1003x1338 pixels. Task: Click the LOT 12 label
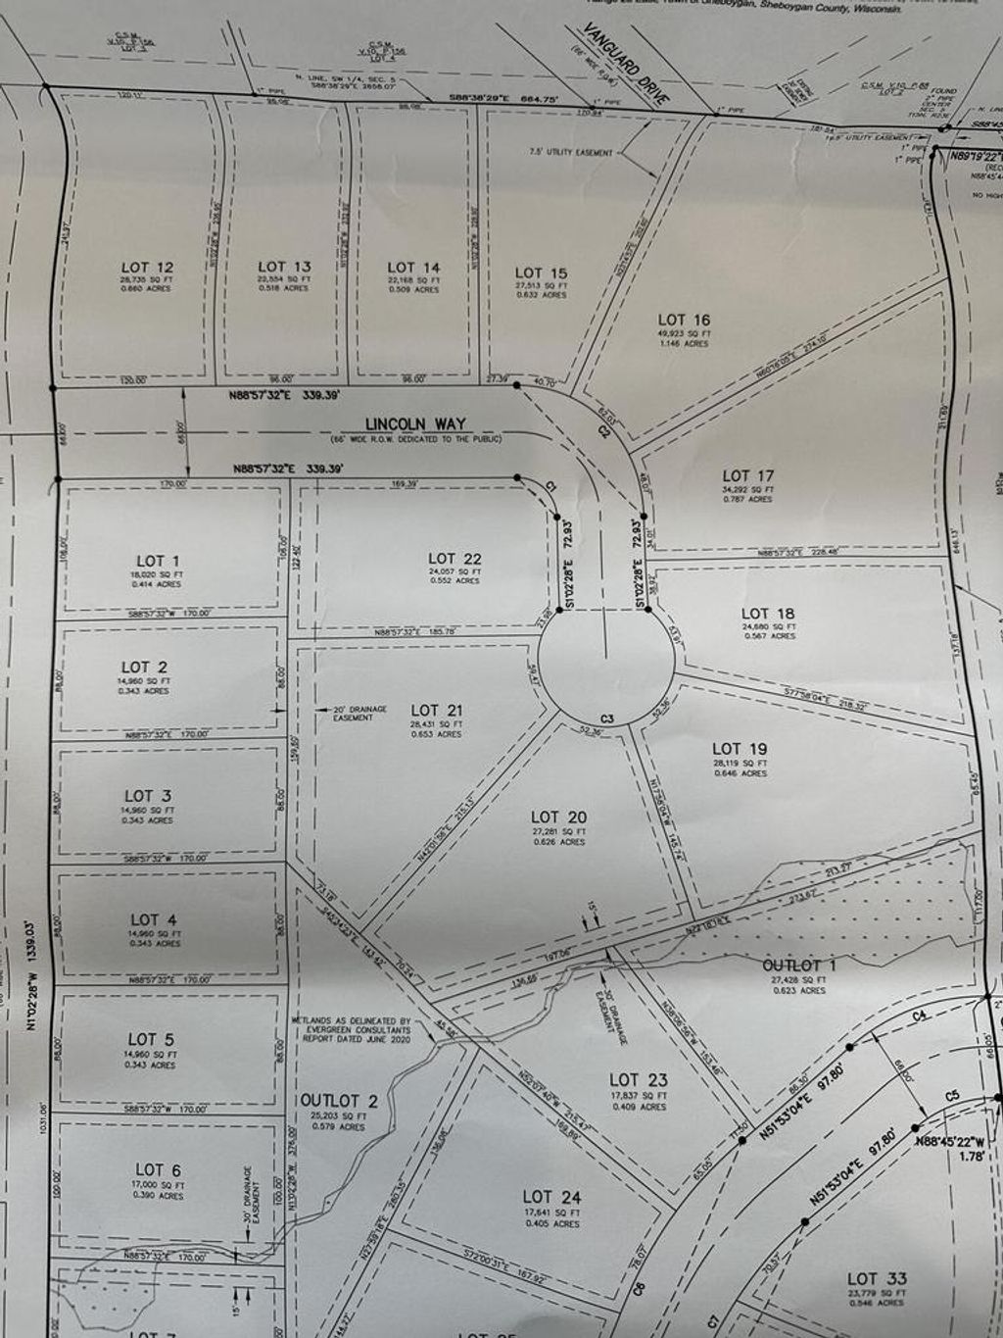point(148,267)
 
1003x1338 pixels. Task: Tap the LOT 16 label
point(684,320)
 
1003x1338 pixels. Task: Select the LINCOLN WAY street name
point(415,424)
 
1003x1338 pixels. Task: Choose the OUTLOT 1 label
point(799,966)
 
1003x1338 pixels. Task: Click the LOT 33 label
point(877,1278)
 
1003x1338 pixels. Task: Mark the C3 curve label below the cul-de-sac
point(607,719)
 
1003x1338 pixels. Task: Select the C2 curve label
point(604,430)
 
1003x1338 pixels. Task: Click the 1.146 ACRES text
point(684,344)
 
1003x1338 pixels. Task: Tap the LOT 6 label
point(158,1169)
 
